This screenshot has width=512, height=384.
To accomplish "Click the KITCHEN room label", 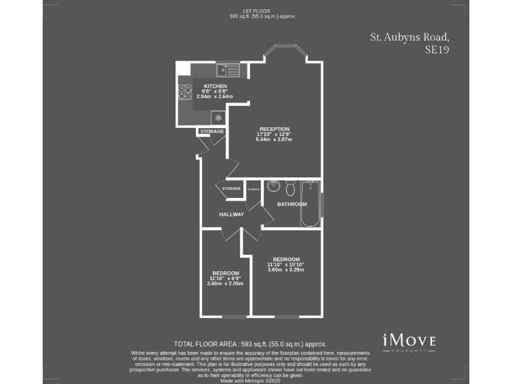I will tap(215, 86).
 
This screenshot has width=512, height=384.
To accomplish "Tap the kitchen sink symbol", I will tap(227, 69).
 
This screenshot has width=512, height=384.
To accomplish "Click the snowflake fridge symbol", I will tap(218, 118).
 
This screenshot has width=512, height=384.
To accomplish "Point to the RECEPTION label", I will tap(274, 129).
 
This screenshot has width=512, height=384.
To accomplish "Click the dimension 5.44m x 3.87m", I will tap(274, 139).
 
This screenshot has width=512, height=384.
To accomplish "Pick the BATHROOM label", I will tap(292, 204).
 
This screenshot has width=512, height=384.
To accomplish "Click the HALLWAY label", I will tap(232, 214).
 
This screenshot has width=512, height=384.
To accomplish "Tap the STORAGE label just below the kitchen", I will tap(212, 131).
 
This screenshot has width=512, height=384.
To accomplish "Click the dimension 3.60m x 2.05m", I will tap(225, 283).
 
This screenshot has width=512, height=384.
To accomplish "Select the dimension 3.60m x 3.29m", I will tap(286, 270).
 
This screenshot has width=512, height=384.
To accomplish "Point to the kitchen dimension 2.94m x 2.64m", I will tap(215, 97).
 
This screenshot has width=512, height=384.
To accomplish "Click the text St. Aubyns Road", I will tap(405, 37).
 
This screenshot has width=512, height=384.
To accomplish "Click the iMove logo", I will tap(409, 341).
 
